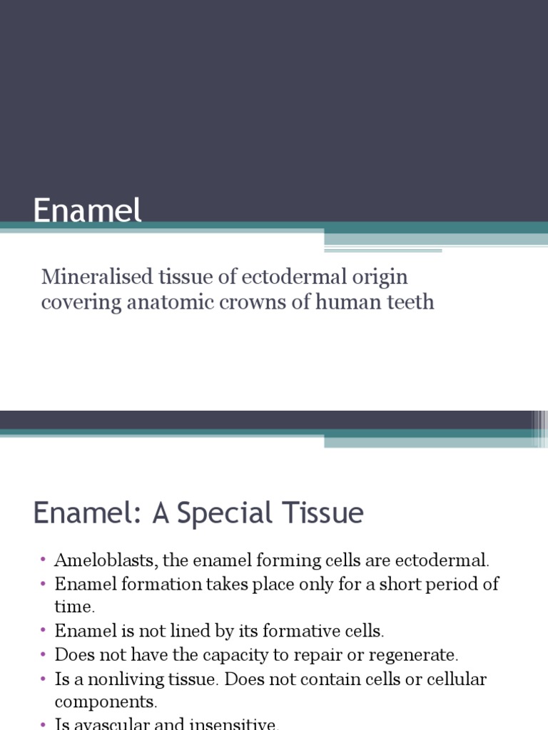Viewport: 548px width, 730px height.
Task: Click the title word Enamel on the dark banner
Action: click(x=88, y=211)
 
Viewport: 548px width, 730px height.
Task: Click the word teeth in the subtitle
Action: click(x=410, y=302)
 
